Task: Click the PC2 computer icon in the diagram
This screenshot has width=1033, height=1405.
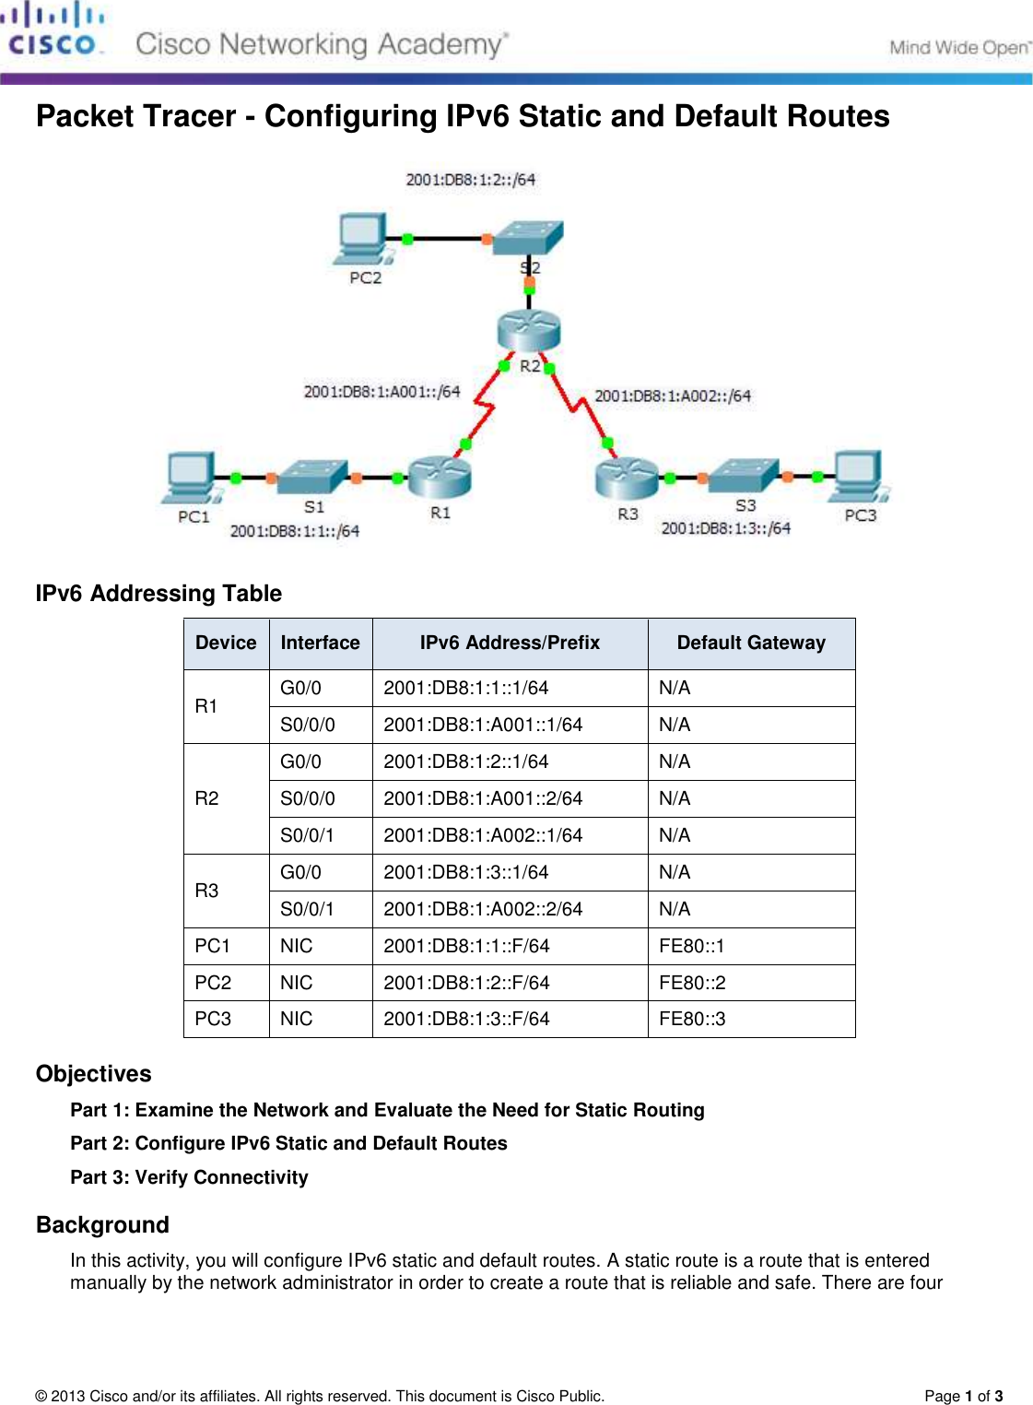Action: [362, 238]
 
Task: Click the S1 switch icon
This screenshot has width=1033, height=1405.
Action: [312, 477]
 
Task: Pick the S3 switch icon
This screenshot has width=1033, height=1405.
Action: [745, 475]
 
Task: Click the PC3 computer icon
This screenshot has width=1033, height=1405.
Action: [859, 476]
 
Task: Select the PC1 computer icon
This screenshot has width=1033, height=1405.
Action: [192, 478]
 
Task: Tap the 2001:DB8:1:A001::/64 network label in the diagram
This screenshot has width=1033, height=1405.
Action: [382, 392]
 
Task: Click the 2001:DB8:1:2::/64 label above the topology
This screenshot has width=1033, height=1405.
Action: [471, 180]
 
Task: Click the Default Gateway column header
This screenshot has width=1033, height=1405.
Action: [751, 643]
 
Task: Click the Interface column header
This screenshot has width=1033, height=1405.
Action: [320, 643]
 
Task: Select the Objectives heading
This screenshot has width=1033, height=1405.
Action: [94, 1074]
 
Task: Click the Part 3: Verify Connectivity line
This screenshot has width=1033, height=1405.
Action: [190, 1177]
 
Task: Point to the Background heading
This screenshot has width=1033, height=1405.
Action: [103, 1225]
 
